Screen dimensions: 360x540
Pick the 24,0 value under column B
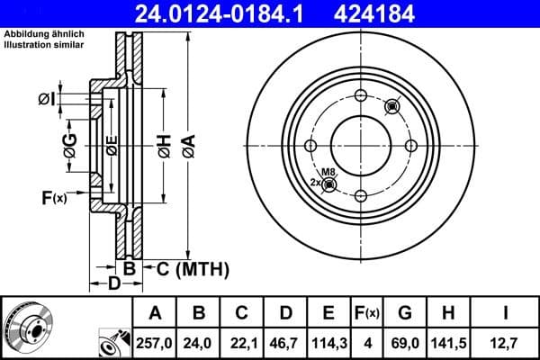199,342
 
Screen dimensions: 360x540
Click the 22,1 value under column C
241,342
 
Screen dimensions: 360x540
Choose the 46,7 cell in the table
284,342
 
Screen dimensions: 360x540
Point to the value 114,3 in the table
328,342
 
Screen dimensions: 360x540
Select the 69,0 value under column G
405,342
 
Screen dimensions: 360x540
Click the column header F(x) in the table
367,313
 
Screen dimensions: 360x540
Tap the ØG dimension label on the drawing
70,143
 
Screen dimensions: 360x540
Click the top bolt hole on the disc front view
360,97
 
